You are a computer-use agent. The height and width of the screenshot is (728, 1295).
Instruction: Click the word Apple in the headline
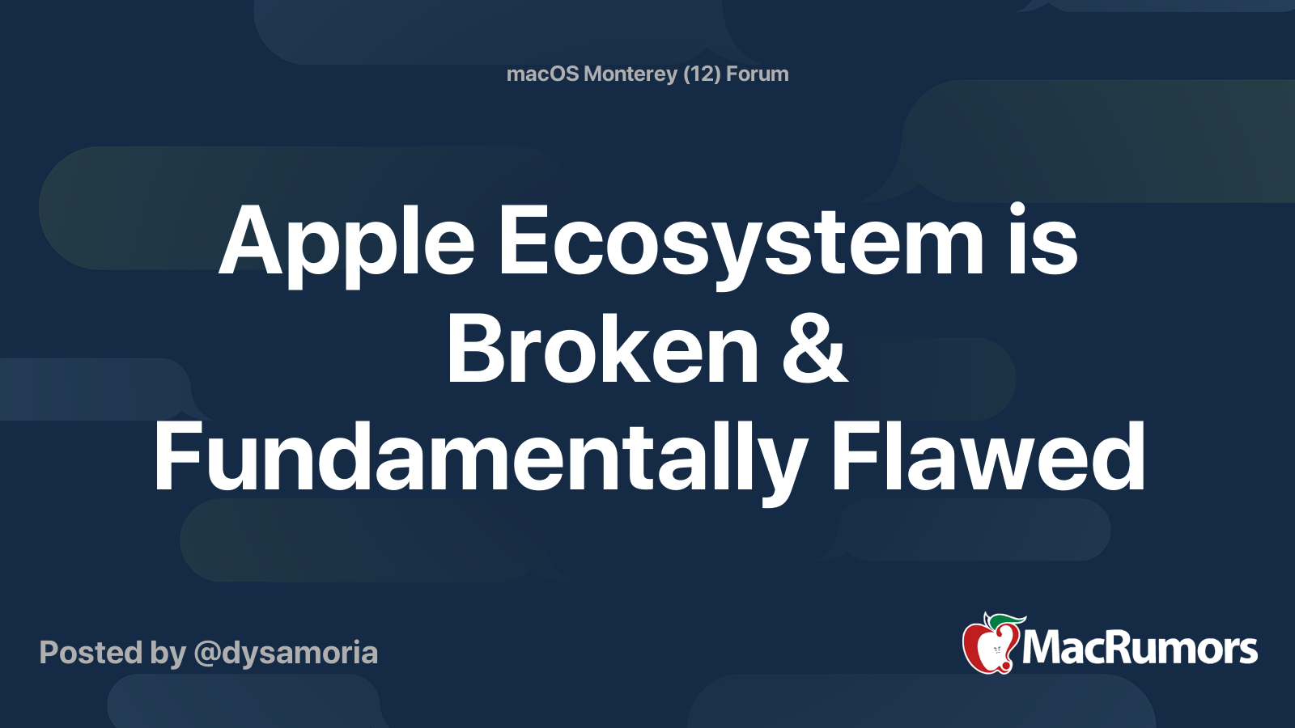click(346, 243)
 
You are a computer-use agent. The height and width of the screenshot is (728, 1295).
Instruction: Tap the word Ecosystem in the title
click(740, 243)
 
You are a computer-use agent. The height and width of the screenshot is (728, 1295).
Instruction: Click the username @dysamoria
click(286, 653)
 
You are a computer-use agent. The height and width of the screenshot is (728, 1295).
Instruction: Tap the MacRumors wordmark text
click(1140, 649)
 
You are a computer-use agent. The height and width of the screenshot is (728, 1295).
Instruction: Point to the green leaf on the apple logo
click(1004, 620)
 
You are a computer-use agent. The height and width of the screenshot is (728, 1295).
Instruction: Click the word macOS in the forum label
click(542, 74)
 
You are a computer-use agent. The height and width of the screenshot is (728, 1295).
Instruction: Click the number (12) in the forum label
click(702, 74)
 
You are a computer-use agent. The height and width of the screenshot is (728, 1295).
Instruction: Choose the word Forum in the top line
click(757, 74)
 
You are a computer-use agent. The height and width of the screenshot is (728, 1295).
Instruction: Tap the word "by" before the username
click(168, 653)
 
